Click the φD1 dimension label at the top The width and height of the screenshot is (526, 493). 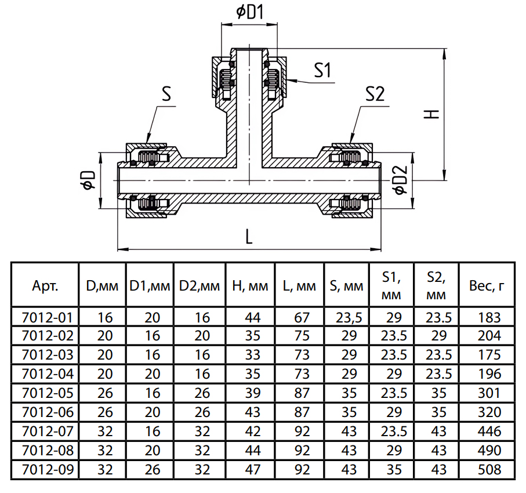tap(250, 12)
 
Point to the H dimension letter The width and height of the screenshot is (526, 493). tap(431, 114)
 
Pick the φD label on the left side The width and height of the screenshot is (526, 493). tap(89, 180)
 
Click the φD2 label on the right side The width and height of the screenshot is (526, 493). tap(401, 180)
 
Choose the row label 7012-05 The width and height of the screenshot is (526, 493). tap(48, 393)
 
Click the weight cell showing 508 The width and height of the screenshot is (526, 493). tap(489, 469)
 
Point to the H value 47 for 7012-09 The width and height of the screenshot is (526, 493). tap(253, 469)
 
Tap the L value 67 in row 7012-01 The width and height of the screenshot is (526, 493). tap(302, 317)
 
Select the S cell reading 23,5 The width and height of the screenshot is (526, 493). tap(349, 318)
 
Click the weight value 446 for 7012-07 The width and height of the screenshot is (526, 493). tap(489, 432)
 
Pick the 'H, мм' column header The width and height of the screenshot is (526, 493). tap(251, 286)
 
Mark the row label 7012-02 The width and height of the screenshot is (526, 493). tap(48, 336)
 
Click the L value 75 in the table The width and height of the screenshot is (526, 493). tap(302, 336)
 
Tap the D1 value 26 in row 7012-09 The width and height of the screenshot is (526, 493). tap(153, 469)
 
